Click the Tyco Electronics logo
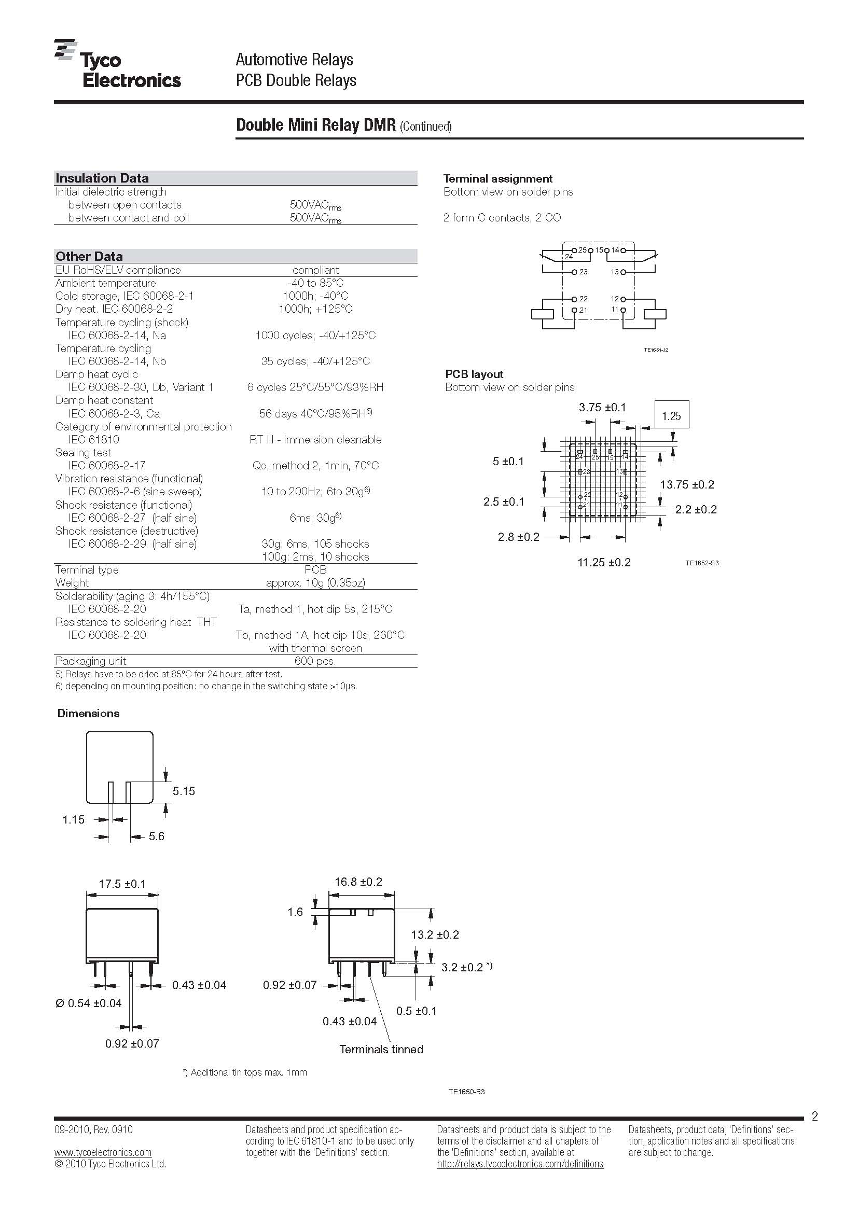pos(117,64)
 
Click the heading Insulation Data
pos(102,178)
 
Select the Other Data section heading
pos(89,256)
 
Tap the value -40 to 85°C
pos(315,283)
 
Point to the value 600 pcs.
pos(315,661)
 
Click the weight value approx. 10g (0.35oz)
pos(315,583)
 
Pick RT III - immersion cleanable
pos(315,440)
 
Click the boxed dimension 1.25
pos(671,416)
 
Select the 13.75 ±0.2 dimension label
pos(687,484)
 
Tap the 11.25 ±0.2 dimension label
pos(604,562)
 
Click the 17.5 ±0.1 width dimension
pos(122,884)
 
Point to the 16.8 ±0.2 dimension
pos(358,882)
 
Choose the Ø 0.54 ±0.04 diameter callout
pos(88,1003)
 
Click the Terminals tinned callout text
pos(381,1049)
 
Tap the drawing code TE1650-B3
pos(466,1092)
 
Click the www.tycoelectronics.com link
pos(103,1152)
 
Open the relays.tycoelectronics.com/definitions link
pos(520,1164)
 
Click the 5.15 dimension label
pos(183,791)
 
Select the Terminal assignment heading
pos(497,178)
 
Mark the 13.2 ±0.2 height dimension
pos(435,935)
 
